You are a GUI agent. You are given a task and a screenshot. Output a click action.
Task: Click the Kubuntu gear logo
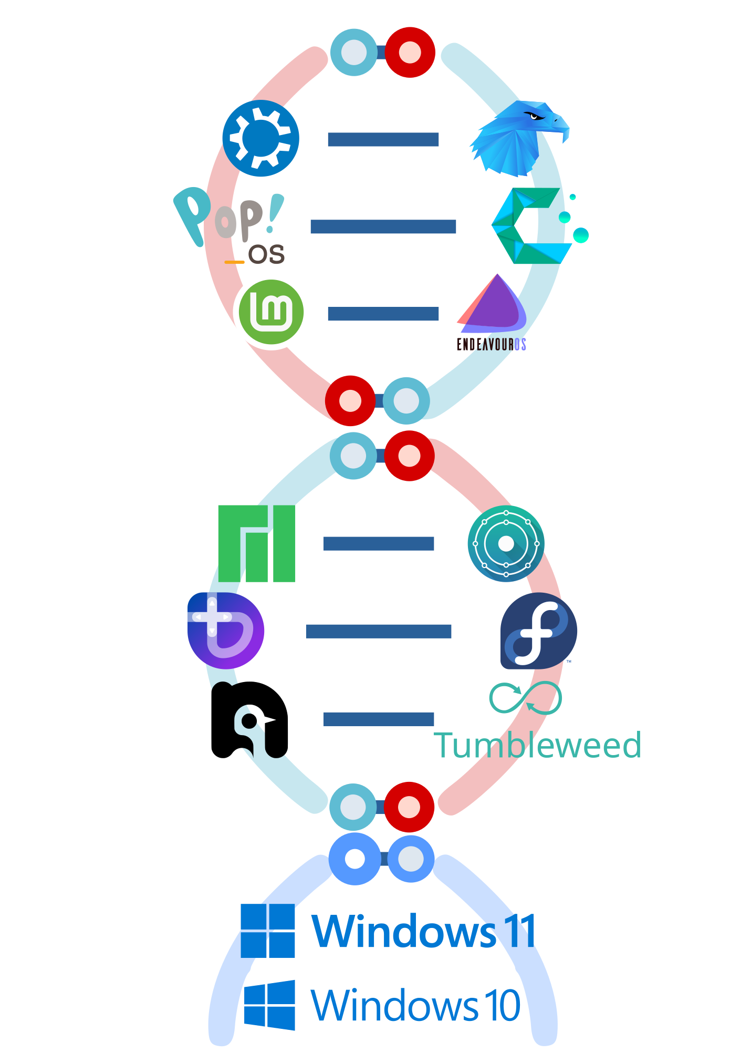coord(260,138)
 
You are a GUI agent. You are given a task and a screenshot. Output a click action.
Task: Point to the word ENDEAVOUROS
coord(491,344)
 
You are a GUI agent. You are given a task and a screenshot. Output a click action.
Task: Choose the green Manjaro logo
coord(257,543)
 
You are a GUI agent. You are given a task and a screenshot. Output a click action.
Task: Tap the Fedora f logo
coord(538,631)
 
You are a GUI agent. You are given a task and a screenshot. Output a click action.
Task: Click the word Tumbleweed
coord(537,745)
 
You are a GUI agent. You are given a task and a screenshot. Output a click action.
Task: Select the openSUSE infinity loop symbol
coord(525,698)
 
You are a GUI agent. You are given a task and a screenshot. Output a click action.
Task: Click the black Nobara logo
coord(249,719)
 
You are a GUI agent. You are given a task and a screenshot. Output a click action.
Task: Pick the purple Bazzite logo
coord(226,630)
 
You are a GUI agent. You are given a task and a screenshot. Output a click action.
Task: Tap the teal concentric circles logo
coord(506,543)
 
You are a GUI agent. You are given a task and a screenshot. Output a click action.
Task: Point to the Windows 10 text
coord(415,1005)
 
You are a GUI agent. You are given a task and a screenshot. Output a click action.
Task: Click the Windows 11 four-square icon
coord(268,931)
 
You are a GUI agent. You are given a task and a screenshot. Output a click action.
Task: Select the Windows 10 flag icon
coord(269,1005)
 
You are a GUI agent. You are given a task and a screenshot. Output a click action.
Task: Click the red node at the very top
coord(410,52)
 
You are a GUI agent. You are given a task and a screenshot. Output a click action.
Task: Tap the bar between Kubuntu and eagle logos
coord(383,139)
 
